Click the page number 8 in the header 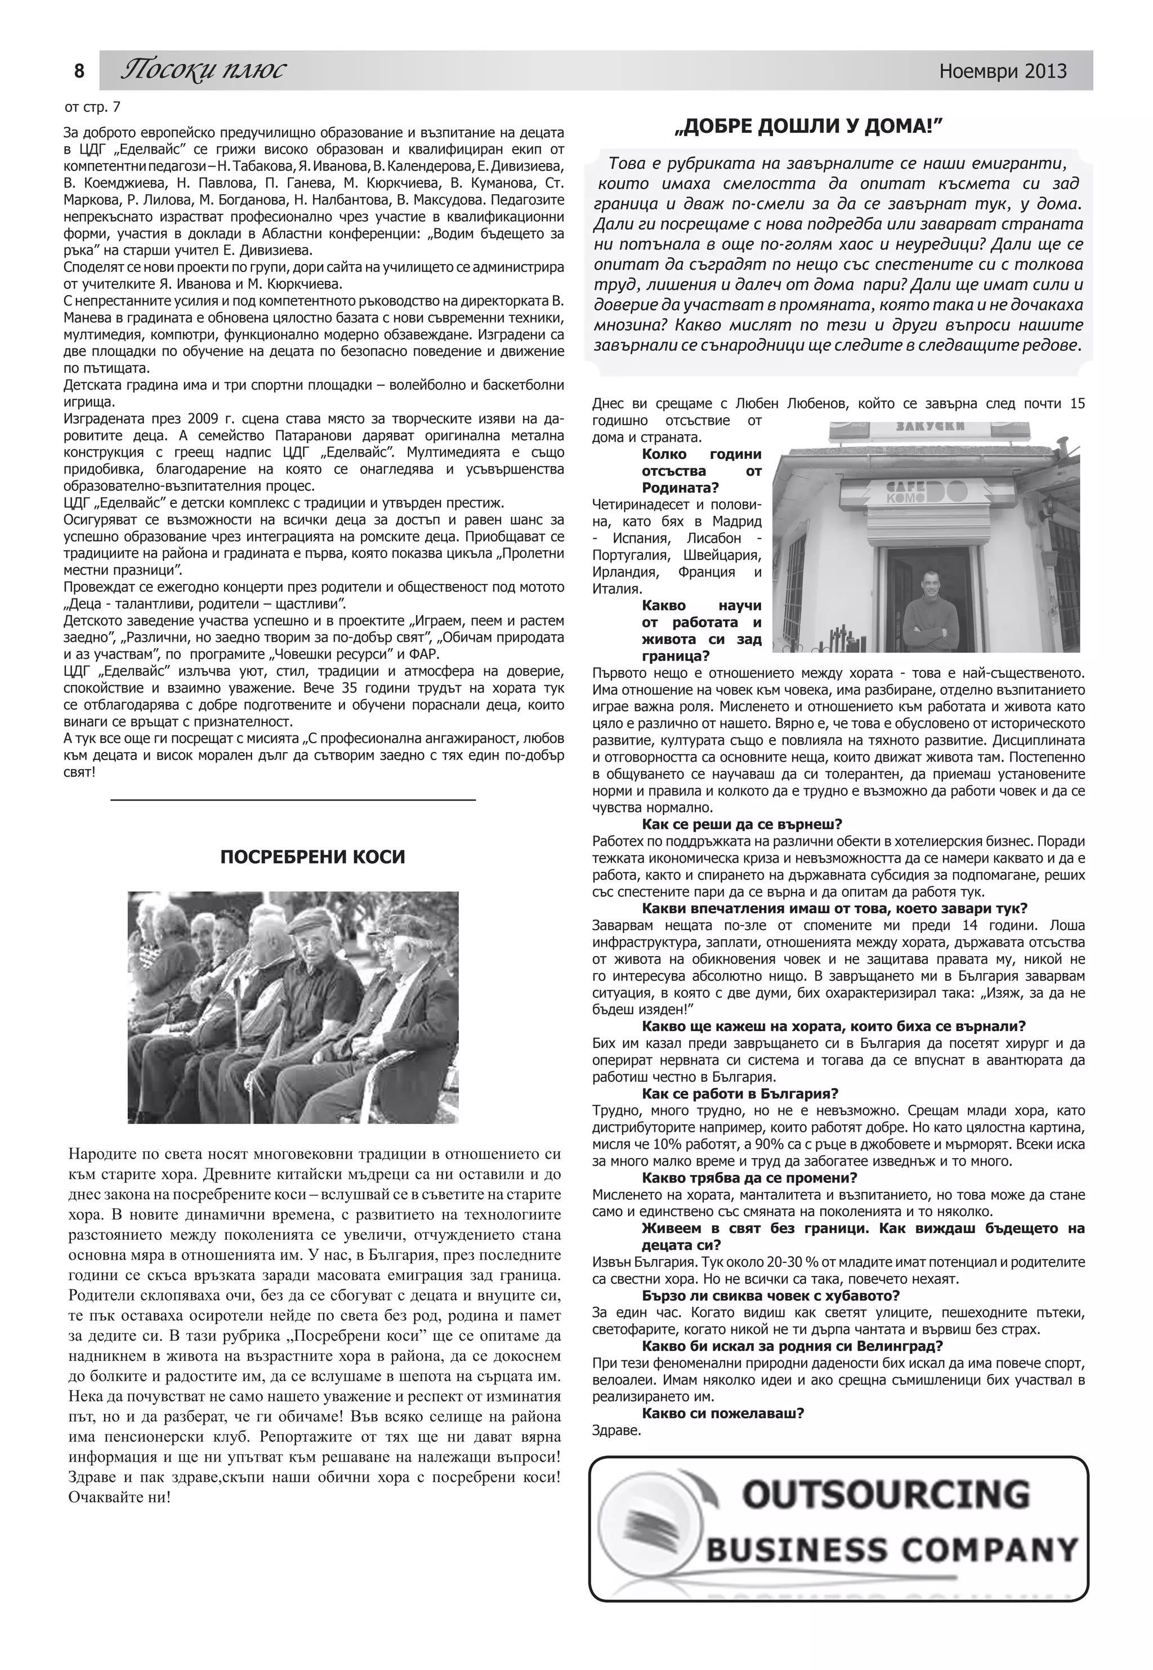79,71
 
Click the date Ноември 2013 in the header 1002,71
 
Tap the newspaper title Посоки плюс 203,70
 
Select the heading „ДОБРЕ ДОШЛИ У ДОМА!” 808,127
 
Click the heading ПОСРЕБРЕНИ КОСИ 312,856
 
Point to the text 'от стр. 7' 92,108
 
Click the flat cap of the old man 310,919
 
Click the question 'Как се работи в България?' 740,1093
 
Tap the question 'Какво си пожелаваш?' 722,1413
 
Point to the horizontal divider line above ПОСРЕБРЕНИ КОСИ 293,800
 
